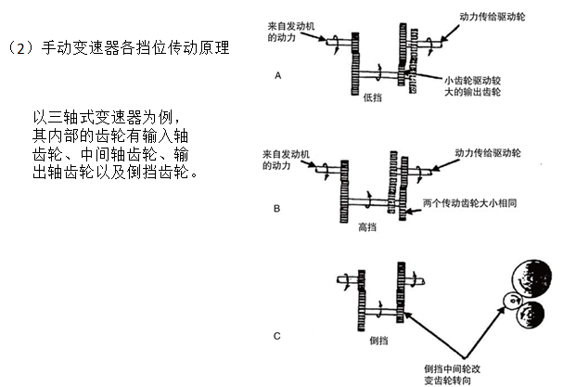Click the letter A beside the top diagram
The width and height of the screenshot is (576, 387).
(277, 78)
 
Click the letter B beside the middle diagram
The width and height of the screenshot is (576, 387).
(276, 210)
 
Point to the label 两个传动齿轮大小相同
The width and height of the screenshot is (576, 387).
(469, 200)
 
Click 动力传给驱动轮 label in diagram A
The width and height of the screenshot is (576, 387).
(496, 17)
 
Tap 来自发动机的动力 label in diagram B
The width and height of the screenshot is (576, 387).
(285, 159)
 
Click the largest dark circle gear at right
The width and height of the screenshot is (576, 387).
(530, 276)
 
